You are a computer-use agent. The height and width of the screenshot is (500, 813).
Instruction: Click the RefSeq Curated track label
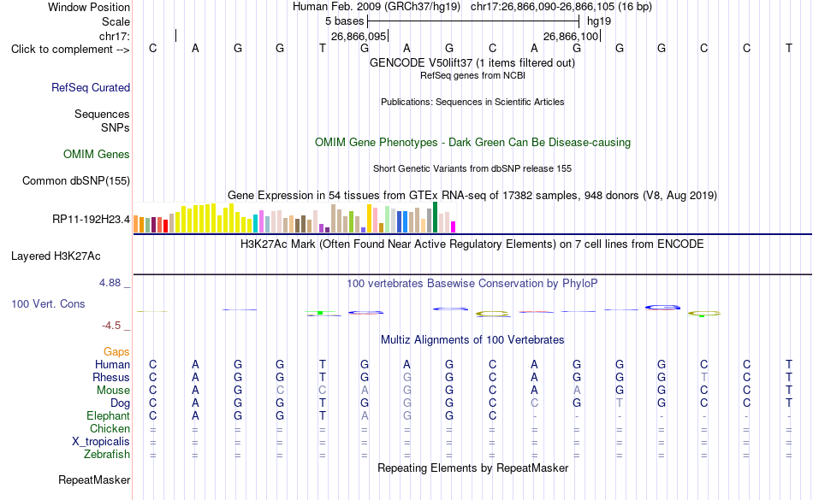(91, 87)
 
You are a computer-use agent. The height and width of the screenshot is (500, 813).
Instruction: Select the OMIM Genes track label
(97, 154)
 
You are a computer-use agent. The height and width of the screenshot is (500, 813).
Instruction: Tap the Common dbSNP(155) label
(76, 180)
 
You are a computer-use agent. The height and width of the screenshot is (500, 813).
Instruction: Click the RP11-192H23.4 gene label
(92, 220)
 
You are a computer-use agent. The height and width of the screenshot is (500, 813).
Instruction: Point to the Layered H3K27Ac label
(56, 256)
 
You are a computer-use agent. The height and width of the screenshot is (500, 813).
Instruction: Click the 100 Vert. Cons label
(48, 303)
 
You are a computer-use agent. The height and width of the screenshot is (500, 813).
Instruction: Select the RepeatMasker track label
(94, 479)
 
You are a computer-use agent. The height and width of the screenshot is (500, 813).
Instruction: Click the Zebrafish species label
(107, 454)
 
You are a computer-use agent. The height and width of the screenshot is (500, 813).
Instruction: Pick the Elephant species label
(109, 415)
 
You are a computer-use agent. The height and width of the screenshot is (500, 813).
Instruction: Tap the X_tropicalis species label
(101, 442)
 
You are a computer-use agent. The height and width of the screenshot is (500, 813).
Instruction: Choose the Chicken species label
(110, 428)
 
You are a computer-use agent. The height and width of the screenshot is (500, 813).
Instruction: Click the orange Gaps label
(116, 352)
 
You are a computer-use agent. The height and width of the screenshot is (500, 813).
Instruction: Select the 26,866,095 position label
(359, 36)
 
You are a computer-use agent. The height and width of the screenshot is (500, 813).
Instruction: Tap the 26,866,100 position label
(571, 36)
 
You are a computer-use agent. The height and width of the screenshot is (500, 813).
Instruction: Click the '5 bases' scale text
(345, 21)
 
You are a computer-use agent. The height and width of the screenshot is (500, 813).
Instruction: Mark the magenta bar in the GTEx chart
(454, 226)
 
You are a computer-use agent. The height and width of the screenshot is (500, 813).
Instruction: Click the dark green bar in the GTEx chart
(436, 217)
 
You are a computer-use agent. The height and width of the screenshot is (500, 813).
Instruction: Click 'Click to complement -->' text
(70, 50)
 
